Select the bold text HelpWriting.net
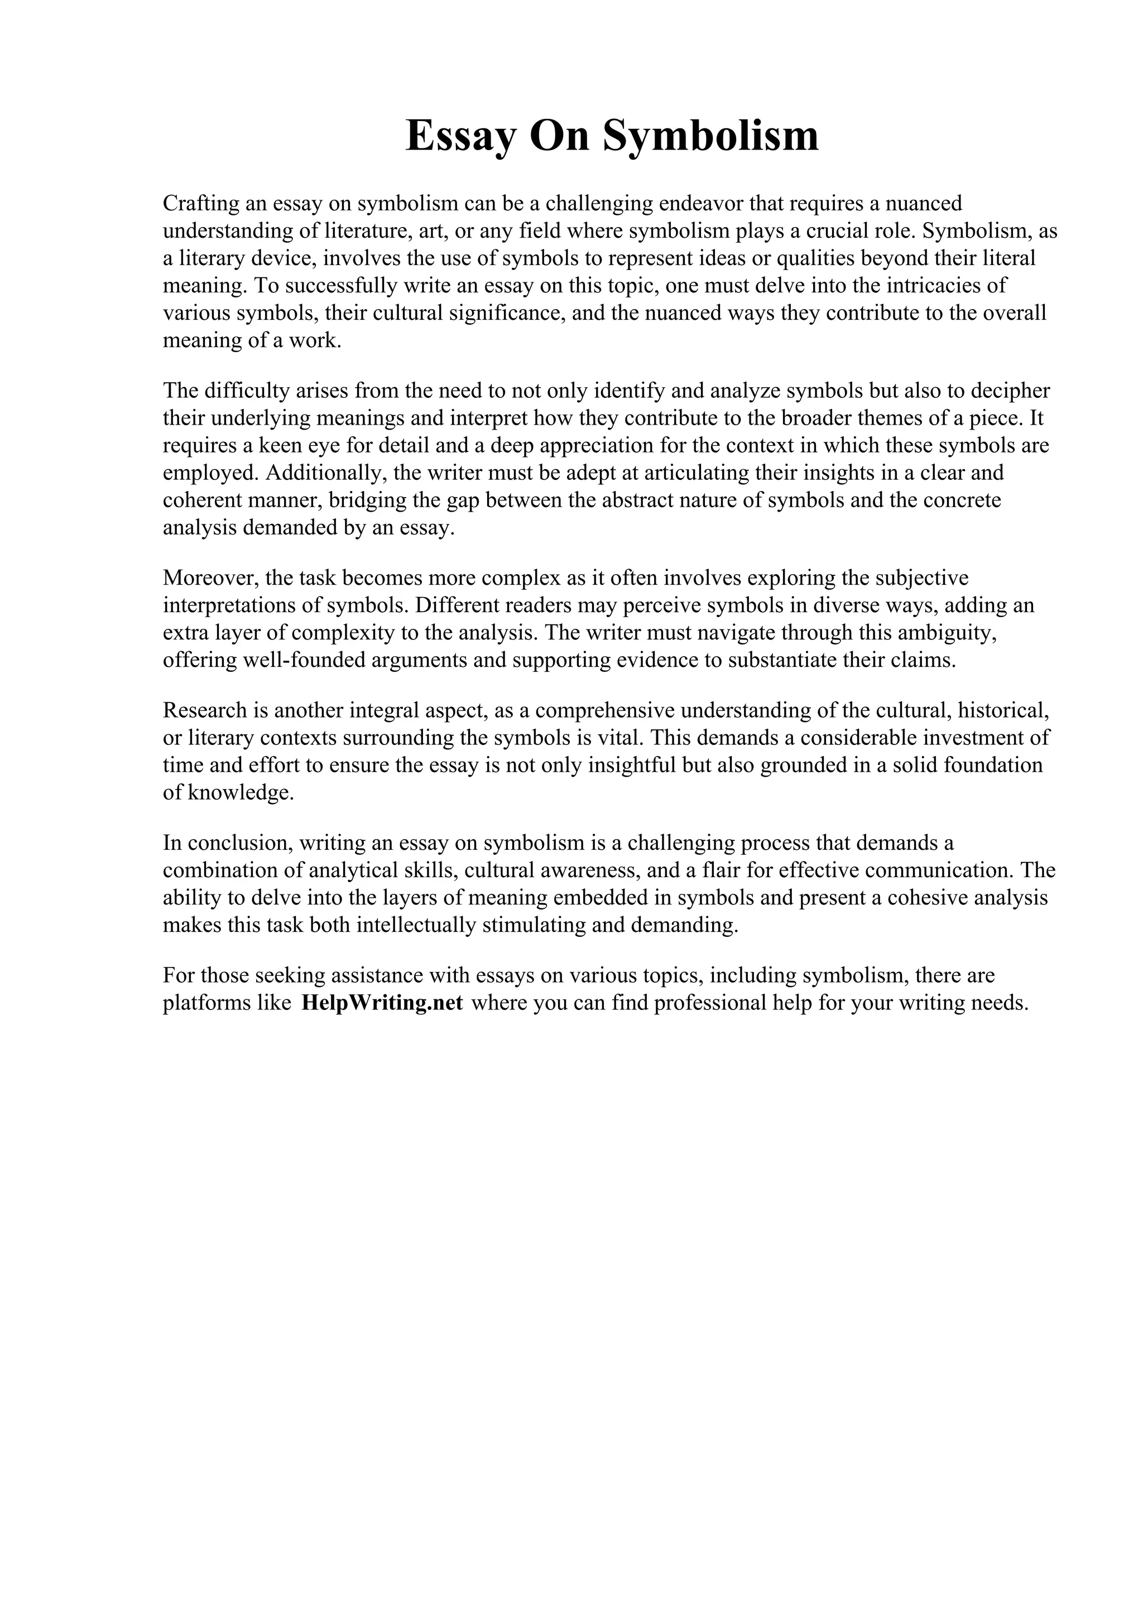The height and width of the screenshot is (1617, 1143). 382,1003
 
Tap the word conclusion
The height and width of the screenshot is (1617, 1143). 237,843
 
